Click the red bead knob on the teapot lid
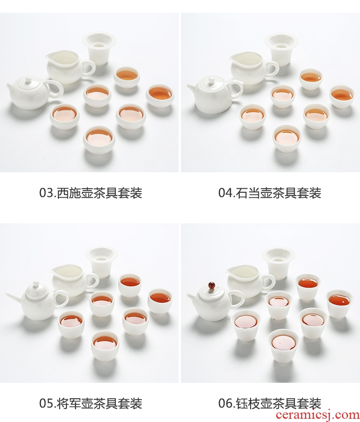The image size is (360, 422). coord(211,285)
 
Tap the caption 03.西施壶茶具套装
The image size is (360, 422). coord(91,193)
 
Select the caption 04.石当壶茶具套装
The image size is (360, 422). coord(270,193)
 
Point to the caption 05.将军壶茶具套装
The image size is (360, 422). coord(91,403)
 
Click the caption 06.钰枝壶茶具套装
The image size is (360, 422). coord(270,403)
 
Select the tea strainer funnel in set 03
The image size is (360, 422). coord(99,48)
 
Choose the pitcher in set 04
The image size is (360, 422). coord(254,67)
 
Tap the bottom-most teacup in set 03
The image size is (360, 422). coord(99,139)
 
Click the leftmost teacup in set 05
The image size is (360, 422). coord(71,324)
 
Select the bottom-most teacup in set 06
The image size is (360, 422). coord(283,346)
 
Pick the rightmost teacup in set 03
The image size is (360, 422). coord(160,96)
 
